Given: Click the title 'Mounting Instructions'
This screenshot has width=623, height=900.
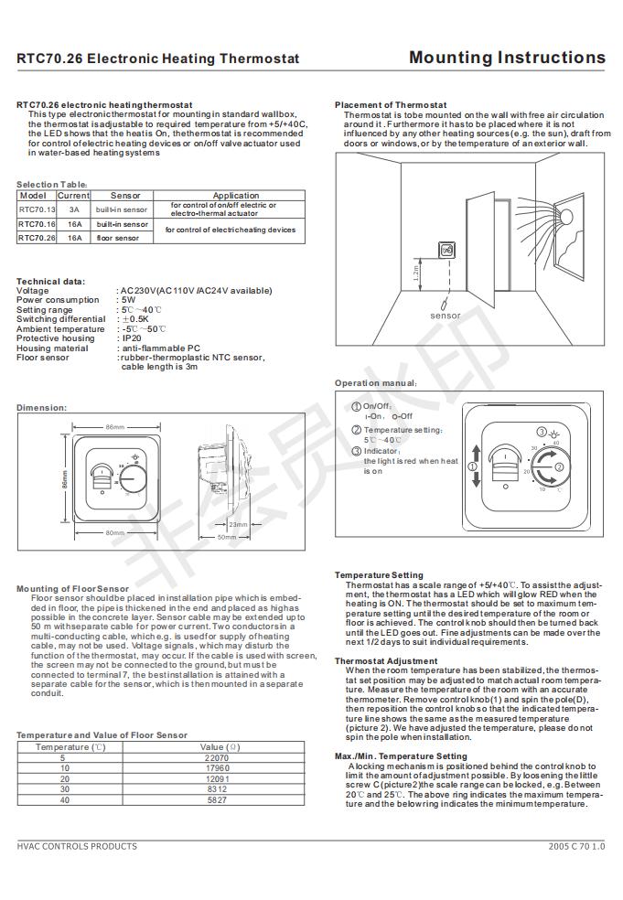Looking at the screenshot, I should [x=507, y=58].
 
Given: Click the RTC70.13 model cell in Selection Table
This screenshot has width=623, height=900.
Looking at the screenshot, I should [x=37, y=209].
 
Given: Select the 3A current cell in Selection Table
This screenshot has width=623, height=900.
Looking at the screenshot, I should [x=73, y=209].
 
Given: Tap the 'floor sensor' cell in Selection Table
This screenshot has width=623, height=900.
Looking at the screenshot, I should [x=118, y=238].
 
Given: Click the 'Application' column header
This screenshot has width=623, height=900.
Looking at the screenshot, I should [x=236, y=196].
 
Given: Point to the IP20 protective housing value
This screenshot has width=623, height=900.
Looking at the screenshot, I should [x=131, y=338].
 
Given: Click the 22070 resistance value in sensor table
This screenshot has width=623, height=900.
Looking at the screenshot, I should [x=216, y=758].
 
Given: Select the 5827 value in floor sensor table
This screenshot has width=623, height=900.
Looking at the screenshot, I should [x=216, y=799].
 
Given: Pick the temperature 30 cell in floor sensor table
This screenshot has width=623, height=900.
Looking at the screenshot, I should [x=63, y=788].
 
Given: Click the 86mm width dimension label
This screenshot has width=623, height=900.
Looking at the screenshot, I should [x=114, y=428].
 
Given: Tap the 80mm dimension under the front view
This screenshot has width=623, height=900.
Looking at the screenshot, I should [x=114, y=532].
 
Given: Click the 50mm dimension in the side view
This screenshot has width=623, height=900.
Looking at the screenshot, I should [x=226, y=537].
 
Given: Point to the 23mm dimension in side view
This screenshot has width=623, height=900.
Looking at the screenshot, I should [x=237, y=524].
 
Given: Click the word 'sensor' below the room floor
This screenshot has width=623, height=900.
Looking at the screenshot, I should [x=445, y=316].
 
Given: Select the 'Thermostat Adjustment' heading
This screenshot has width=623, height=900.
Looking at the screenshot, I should [x=386, y=660].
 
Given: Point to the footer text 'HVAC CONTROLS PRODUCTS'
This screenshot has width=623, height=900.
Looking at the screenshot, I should [x=77, y=846].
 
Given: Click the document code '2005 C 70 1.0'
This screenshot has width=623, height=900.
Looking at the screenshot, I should [x=576, y=846].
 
